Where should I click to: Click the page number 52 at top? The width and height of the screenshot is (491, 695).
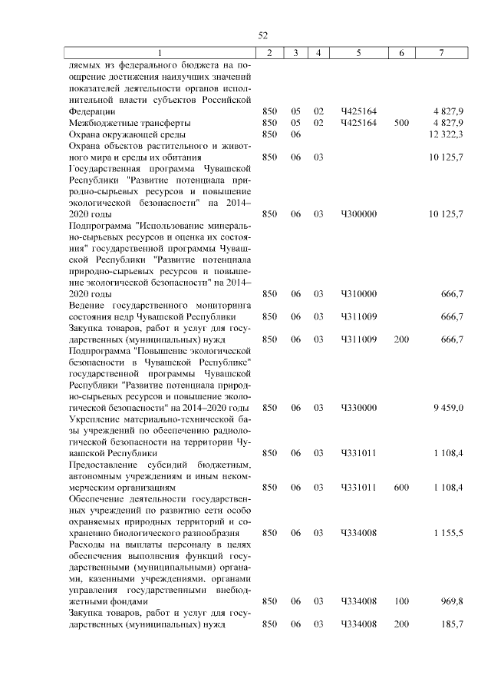point(262,35)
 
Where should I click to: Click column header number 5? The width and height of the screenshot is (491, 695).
point(359,52)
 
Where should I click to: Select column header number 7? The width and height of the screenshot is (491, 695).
point(440,52)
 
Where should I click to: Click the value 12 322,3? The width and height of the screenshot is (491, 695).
point(446,134)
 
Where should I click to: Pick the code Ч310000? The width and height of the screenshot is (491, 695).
point(359,293)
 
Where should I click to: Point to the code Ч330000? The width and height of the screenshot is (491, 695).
point(359,407)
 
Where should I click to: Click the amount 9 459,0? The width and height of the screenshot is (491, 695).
point(447,407)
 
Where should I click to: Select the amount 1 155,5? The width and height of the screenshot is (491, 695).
point(447,532)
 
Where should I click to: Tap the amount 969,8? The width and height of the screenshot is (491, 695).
point(451,601)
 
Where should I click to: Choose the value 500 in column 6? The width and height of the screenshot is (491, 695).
point(401,123)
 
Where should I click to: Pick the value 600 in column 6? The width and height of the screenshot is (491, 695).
point(401,487)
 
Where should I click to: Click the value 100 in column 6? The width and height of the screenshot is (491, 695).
point(401,601)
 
